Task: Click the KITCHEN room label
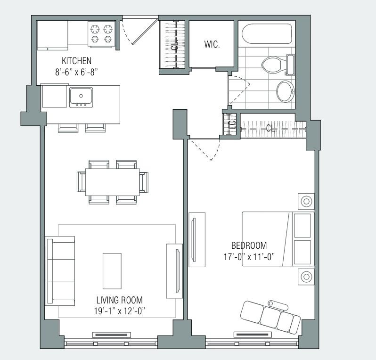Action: (76, 61)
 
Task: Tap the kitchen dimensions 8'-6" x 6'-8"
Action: (76, 72)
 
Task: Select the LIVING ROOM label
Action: (119, 300)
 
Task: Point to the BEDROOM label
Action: (249, 245)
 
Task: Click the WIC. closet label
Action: (212, 45)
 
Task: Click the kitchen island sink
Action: (81, 97)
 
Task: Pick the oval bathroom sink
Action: (285, 91)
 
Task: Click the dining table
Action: (113, 181)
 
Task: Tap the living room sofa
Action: (60, 270)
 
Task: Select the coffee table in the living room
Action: (112, 270)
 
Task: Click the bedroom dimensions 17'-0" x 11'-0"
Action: (249, 257)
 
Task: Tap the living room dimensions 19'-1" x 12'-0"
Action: (119, 311)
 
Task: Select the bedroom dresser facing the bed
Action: (197, 239)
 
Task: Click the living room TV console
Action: (174, 271)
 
